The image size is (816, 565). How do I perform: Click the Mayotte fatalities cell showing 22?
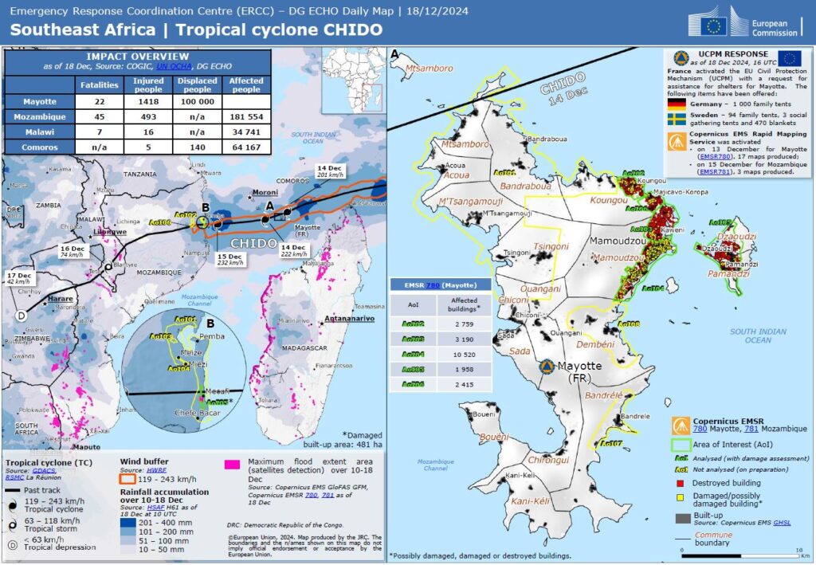99,102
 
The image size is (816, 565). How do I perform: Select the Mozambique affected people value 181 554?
247,117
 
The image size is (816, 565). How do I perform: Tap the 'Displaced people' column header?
197,84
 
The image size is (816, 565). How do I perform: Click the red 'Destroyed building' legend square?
681,482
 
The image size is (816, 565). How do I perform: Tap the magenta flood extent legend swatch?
232,462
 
